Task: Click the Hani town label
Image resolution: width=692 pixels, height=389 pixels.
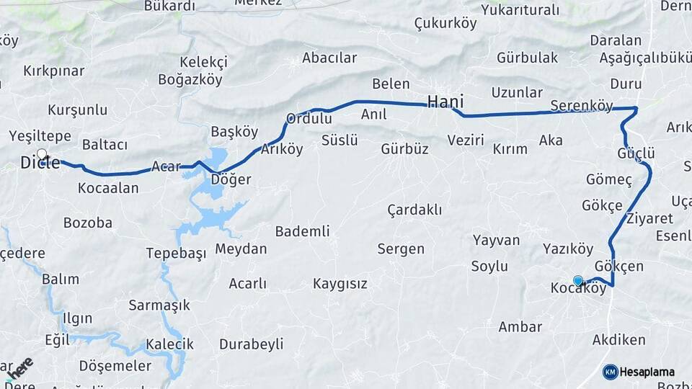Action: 445,102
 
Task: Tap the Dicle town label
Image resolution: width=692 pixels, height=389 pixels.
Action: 40,164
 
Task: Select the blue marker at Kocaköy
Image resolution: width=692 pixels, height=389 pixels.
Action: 577,281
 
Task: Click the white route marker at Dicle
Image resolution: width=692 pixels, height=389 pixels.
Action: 42,153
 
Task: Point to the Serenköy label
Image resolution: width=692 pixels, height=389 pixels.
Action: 581,106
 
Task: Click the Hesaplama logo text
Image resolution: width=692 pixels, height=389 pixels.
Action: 647,372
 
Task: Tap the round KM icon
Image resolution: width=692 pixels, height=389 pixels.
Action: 611,372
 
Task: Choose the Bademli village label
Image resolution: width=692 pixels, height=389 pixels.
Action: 302,231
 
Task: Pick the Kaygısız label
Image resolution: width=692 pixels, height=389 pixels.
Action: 340,284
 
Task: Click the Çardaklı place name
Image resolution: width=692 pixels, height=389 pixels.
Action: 414,210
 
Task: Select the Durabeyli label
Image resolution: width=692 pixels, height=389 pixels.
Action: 251,344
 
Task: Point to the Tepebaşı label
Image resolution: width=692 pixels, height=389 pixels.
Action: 176,253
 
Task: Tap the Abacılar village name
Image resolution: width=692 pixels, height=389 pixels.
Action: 329,58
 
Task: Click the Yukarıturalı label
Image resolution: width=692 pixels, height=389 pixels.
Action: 520,10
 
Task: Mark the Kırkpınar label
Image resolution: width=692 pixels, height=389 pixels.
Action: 54,71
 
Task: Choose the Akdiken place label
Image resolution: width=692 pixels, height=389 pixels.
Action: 618,339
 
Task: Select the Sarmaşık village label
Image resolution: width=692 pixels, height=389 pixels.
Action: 159,305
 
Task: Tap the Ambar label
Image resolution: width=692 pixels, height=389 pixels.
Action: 520,327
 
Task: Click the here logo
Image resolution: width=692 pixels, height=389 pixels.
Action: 17,369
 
